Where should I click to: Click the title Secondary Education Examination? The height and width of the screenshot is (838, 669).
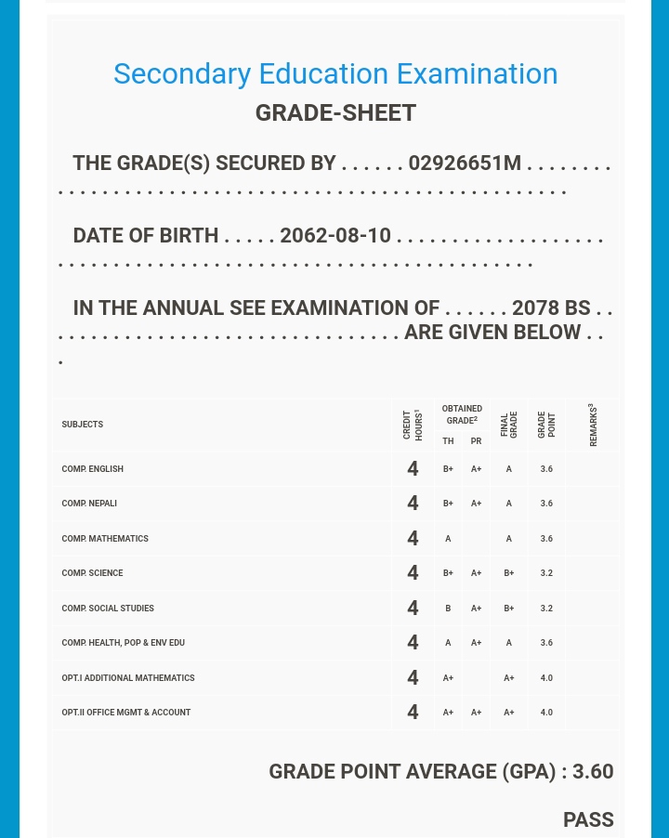(x=335, y=73)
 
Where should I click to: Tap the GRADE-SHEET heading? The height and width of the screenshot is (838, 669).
(x=335, y=113)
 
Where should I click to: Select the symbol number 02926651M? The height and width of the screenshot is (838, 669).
(x=465, y=164)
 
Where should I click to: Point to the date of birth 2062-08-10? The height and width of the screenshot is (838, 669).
(x=335, y=236)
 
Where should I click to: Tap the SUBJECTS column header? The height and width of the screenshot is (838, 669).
(x=83, y=425)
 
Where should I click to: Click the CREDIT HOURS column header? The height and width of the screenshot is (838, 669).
(x=413, y=425)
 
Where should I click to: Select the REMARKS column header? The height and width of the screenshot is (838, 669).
(x=593, y=425)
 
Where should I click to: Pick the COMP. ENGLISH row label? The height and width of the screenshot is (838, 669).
(x=93, y=469)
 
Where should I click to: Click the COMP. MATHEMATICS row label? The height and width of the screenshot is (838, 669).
(x=105, y=539)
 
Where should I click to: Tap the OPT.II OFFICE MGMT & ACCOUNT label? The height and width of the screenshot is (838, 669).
(x=126, y=713)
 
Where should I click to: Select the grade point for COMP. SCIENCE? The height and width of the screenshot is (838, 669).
(x=546, y=573)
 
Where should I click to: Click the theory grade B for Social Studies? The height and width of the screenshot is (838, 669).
(x=448, y=609)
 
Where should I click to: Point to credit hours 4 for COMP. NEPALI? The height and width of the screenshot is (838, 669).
(x=413, y=504)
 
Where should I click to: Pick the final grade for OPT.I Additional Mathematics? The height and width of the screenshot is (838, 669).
(x=509, y=678)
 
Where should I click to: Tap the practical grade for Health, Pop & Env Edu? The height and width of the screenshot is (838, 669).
(x=476, y=643)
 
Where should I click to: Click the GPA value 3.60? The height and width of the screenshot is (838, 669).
(x=593, y=772)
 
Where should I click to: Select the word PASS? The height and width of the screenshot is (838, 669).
(x=588, y=820)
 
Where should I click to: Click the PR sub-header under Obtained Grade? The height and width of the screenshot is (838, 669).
(x=476, y=441)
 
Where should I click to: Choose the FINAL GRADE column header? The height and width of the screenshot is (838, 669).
(x=509, y=425)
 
